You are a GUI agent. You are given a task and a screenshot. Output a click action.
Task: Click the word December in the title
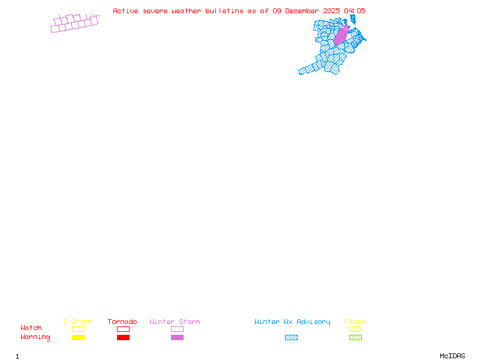pos(302,11)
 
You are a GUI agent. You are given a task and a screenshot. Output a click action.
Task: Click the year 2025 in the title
pos(331,11)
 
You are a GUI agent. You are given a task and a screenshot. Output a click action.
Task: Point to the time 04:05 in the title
pos(355,11)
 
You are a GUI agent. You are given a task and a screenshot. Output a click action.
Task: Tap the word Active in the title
pos(125,11)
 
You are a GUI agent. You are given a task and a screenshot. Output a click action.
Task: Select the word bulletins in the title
pos(224,11)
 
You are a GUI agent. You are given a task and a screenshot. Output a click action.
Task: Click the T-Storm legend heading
pos(77,322)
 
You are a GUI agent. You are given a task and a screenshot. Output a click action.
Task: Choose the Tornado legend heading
pos(122,322)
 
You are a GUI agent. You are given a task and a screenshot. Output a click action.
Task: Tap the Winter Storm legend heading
pos(175,322)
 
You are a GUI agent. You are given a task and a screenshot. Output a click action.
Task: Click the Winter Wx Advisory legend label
pos(292,322)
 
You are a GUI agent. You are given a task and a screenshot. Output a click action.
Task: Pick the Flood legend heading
pos(355,322)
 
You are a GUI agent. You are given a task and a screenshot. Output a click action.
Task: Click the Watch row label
pos(31,328)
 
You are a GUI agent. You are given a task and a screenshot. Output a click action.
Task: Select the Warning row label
pos(35,337)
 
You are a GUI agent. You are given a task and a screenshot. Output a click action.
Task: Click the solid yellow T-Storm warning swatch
pos(79,337)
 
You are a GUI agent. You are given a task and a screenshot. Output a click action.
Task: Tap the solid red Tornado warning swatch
pos(124,337)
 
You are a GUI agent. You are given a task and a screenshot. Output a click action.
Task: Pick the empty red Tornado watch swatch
pos(124,329)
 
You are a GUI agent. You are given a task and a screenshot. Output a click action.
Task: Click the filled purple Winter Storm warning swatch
pos(177,337)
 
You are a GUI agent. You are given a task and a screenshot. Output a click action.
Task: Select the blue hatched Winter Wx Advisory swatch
pos(291,337)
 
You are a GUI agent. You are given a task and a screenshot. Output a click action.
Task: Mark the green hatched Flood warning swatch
pos(355,337)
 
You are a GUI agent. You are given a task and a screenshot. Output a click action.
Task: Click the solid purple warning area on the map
pos(341,36)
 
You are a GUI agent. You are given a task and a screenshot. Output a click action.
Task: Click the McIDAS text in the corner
pos(452,356)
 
